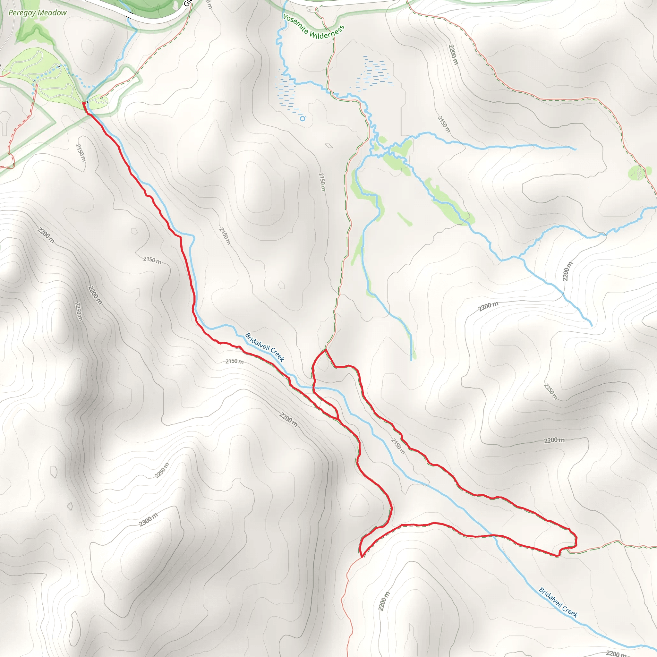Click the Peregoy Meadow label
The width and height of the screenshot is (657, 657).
[38, 13]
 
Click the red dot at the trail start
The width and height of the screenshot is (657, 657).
[84, 103]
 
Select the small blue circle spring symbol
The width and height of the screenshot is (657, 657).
[302, 119]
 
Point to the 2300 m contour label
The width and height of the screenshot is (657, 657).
[149, 520]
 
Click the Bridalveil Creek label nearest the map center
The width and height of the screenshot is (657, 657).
[265, 347]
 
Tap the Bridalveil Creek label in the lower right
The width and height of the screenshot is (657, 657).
[559, 602]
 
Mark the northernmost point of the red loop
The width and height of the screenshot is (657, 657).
[325, 350]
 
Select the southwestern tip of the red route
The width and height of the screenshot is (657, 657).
[362, 557]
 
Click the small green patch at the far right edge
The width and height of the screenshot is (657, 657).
[635, 173]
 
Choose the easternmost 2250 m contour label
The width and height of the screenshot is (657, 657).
[550, 391]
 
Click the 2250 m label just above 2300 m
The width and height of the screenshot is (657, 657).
[162, 470]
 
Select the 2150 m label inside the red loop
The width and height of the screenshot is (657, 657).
[398, 446]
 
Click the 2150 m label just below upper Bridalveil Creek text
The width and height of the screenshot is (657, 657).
[235, 361]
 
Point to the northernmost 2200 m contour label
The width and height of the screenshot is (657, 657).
[453, 55]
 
